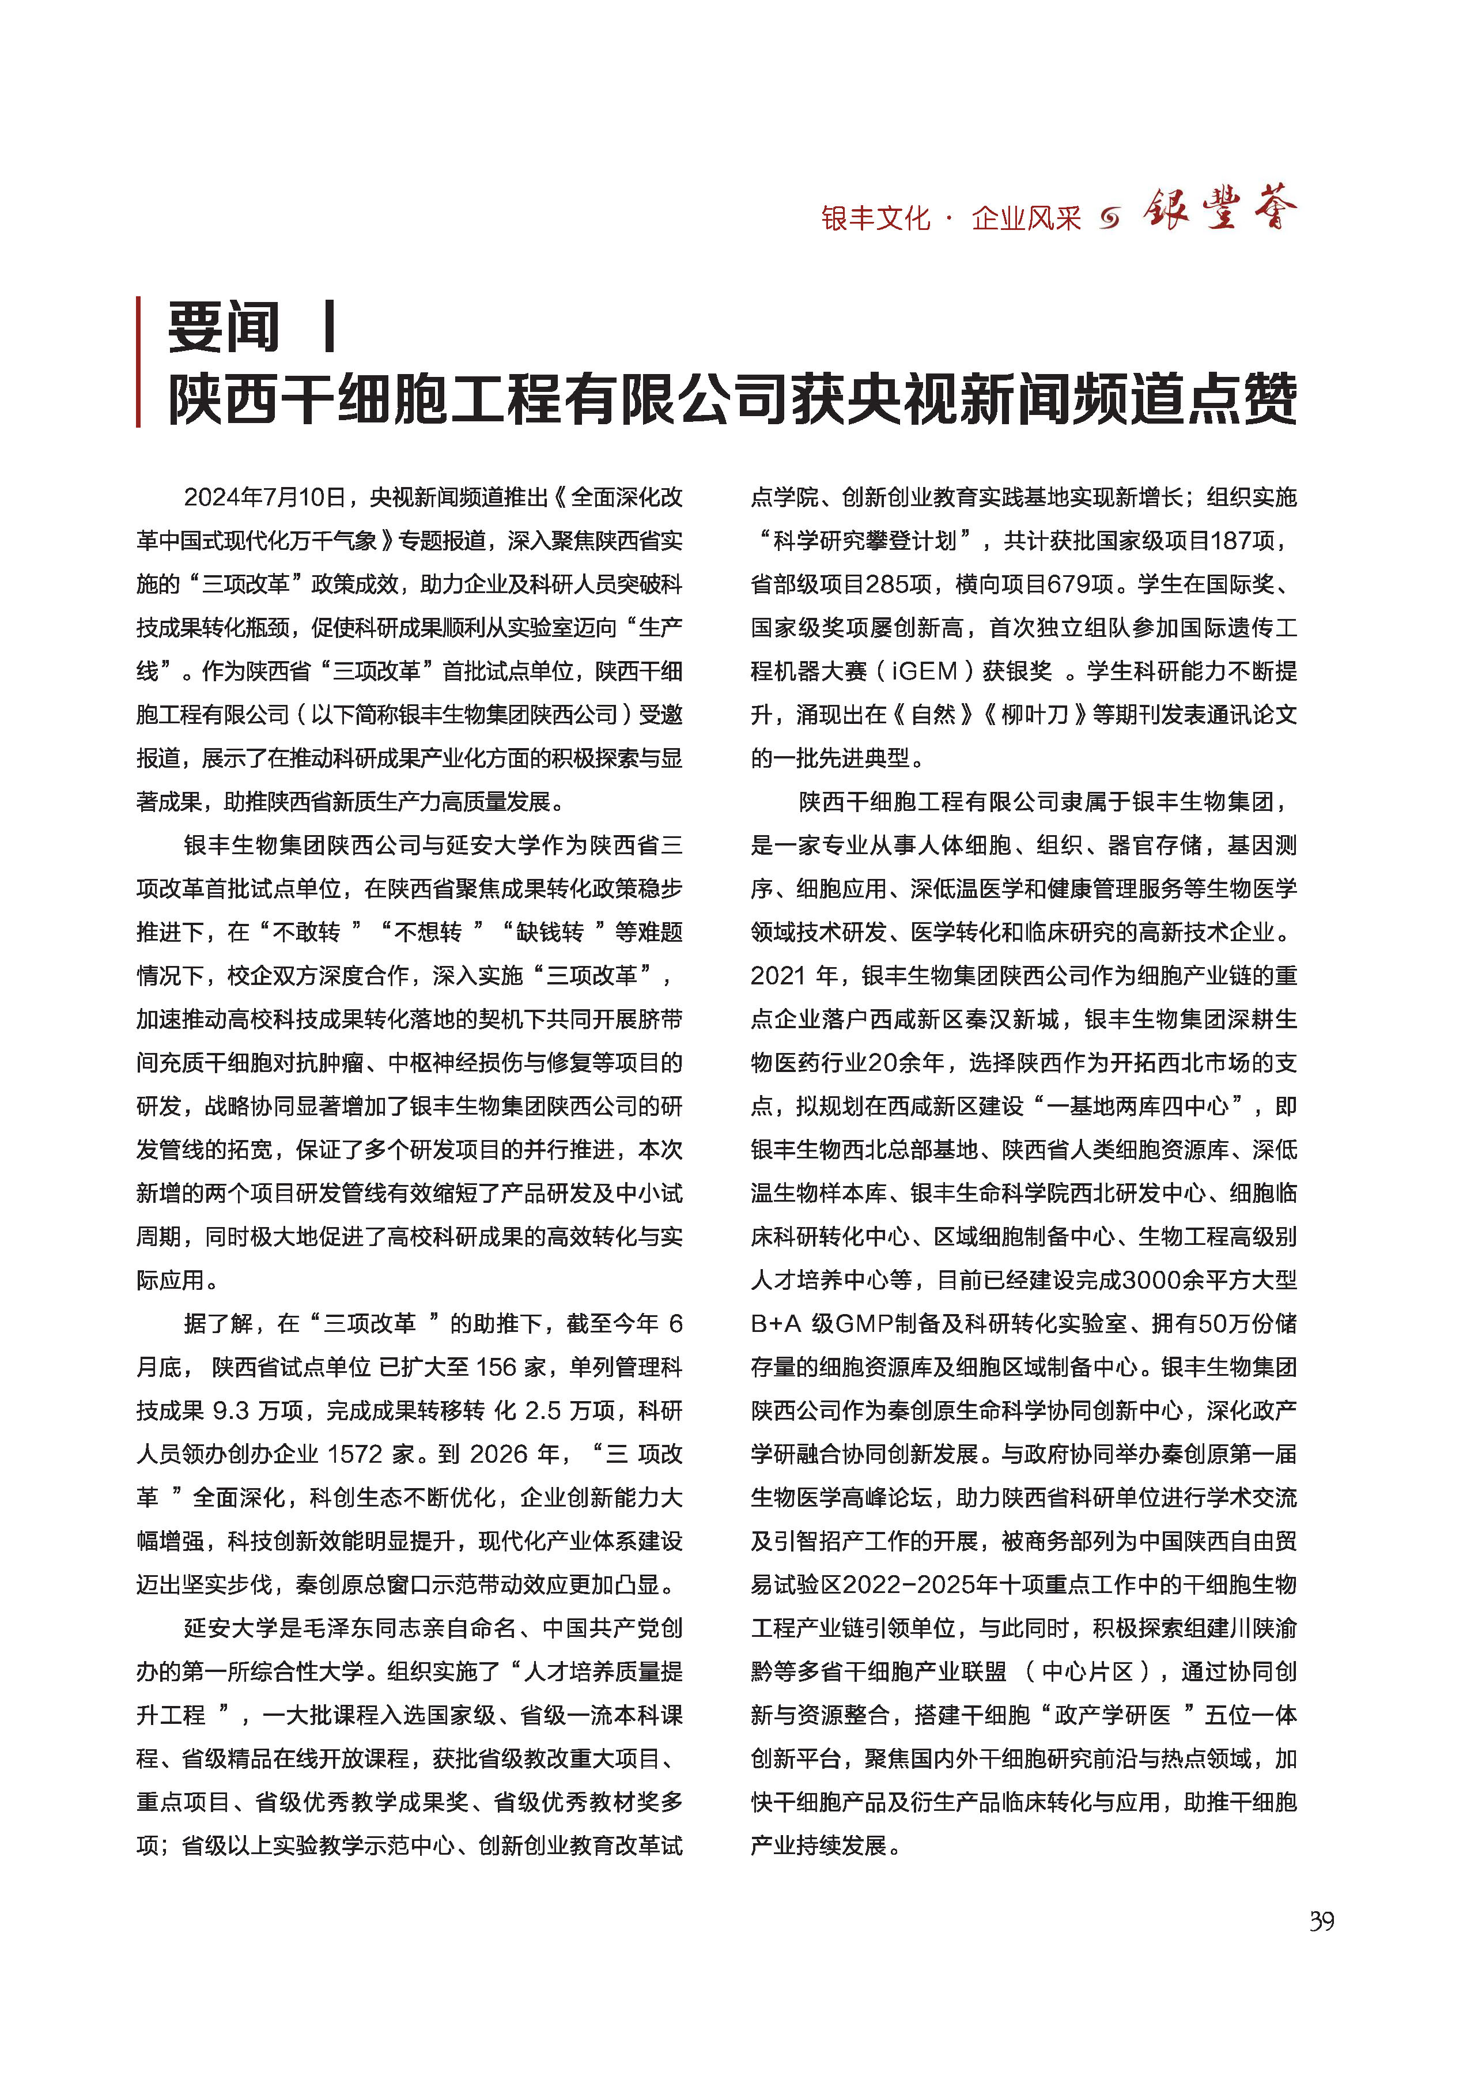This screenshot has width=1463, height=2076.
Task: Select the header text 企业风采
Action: [x=1026, y=218]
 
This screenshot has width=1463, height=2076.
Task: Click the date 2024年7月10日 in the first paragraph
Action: [x=265, y=497]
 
